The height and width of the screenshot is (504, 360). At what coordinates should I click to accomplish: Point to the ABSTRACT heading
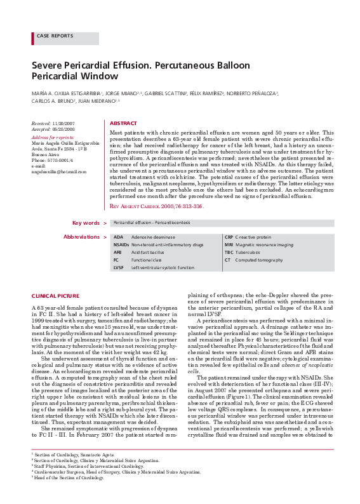(x=123, y=123)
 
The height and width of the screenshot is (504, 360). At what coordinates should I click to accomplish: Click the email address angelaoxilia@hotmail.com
(x=58, y=171)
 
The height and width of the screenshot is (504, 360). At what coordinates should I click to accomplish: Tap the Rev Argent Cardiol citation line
(x=156, y=206)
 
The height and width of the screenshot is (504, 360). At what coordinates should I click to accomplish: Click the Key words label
(x=86, y=223)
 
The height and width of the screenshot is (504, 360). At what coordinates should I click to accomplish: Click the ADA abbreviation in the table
(x=118, y=237)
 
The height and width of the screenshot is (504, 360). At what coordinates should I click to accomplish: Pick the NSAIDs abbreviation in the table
(x=121, y=244)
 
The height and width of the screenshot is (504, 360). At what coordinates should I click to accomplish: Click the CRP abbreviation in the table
(x=229, y=237)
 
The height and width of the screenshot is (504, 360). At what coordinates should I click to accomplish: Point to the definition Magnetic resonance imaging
(x=264, y=244)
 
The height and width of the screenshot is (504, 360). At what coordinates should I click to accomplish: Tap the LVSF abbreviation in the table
(x=119, y=268)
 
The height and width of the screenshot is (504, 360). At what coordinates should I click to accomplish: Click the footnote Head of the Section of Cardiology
(x=68, y=495)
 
